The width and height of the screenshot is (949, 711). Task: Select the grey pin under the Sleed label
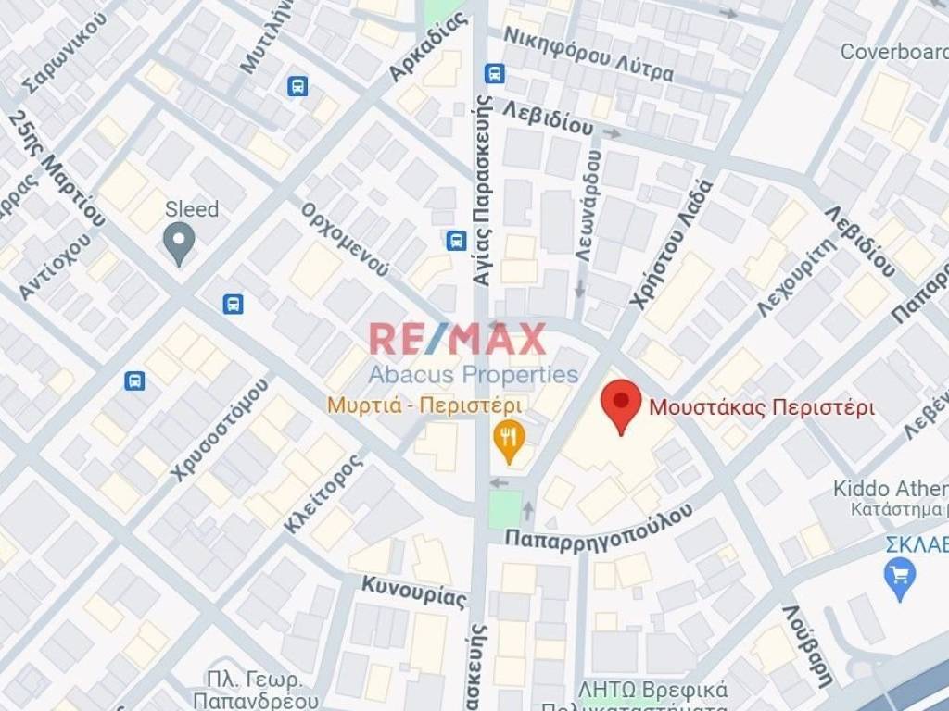[x=178, y=243]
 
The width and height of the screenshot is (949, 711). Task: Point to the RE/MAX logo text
[x=458, y=339]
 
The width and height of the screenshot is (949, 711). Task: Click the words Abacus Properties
[x=474, y=374]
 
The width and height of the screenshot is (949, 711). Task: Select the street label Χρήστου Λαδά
[x=670, y=242]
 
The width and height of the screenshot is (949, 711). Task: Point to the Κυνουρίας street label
[x=413, y=592]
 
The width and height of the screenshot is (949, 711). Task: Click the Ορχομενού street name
[x=345, y=238]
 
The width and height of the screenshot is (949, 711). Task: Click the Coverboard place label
[x=893, y=52]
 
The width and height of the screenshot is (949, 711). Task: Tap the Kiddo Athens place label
[x=890, y=489]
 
